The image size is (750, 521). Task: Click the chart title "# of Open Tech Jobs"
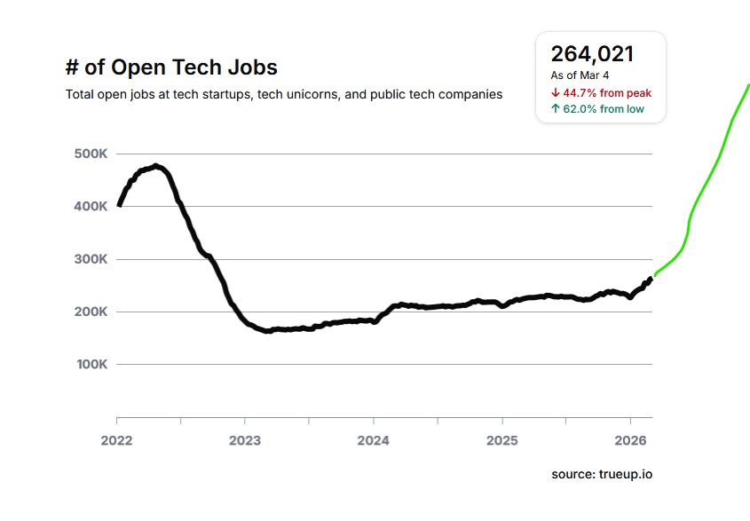click(x=171, y=67)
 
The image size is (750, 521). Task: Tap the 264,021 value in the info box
click(x=592, y=54)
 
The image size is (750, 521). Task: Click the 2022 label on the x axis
click(x=116, y=439)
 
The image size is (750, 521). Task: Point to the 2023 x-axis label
click(x=245, y=439)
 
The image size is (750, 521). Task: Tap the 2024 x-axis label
click(x=374, y=439)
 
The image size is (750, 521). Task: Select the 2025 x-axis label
click(x=502, y=439)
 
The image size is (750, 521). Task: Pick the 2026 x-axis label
click(x=630, y=439)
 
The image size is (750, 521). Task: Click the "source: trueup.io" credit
click(x=602, y=475)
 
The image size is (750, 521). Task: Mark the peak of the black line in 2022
click(x=156, y=166)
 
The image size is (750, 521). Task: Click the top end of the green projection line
click(x=748, y=85)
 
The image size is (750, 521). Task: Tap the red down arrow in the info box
click(x=555, y=92)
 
